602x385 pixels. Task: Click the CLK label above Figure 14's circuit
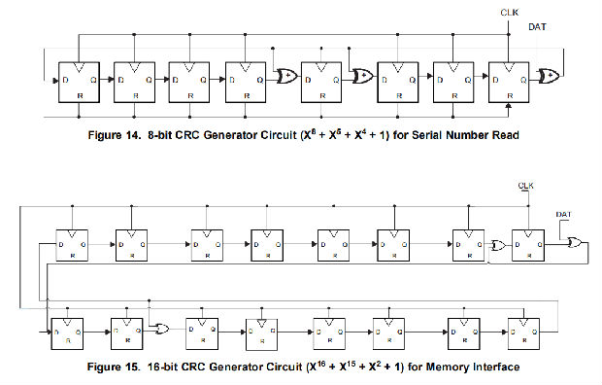pos(509,12)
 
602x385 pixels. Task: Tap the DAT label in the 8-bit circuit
pos(536,27)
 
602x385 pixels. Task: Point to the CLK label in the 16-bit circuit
pos(525,185)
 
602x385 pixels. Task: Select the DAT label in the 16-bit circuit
pos(563,214)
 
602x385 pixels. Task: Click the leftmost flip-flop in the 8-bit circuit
pos(78,84)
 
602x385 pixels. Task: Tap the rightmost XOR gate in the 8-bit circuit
pos(549,73)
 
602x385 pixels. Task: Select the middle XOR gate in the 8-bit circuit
pos(363,74)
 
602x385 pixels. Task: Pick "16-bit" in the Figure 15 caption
pos(168,367)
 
